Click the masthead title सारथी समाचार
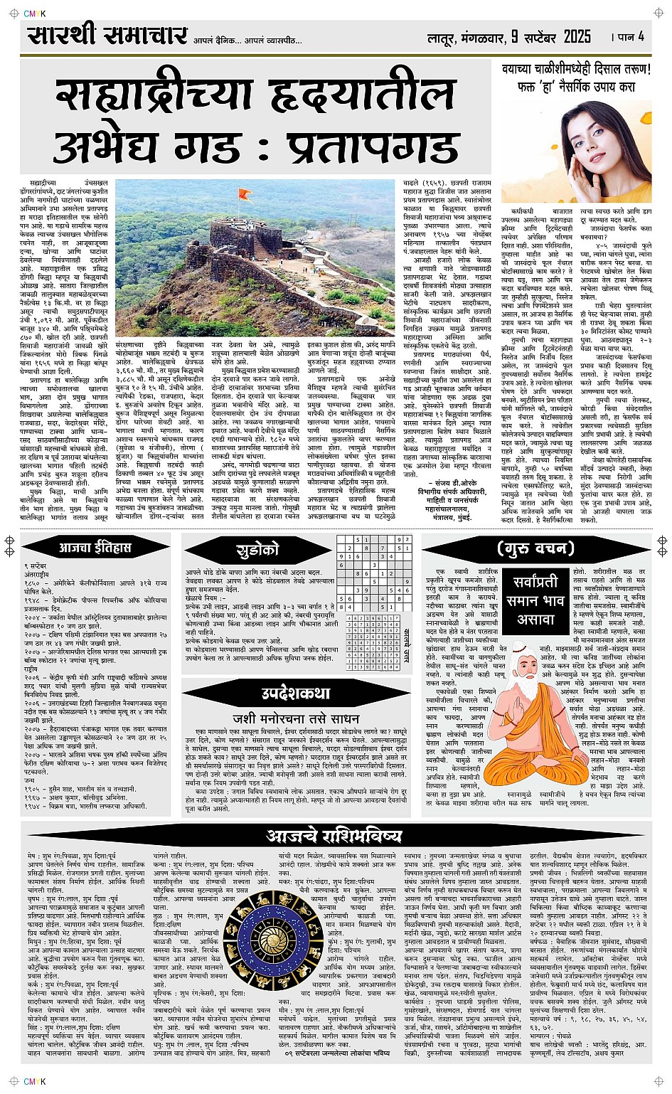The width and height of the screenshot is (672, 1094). [x=107, y=35]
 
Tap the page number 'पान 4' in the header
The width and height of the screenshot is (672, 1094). [x=629, y=36]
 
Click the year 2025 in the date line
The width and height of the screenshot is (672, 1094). [x=577, y=36]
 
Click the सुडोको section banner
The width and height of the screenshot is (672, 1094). [x=256, y=549]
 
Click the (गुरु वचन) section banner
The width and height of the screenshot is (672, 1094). [x=535, y=548]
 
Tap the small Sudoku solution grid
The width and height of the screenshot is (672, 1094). [x=371, y=647]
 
